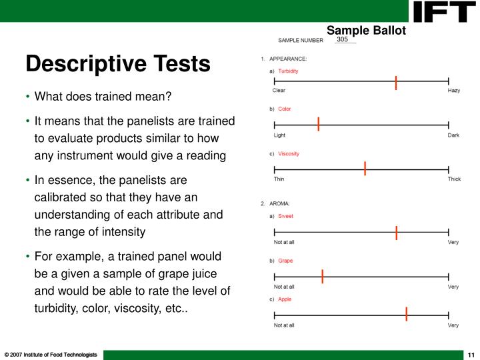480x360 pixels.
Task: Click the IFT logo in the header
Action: pyautogui.click(x=443, y=11)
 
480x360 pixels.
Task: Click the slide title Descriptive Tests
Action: pyautogui.click(x=118, y=64)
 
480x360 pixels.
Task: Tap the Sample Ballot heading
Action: pyautogui.click(x=366, y=30)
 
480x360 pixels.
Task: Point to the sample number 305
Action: pyautogui.click(x=343, y=40)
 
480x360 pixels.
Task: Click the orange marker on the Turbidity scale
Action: pyautogui.click(x=396, y=83)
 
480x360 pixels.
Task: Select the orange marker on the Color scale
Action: pyautogui.click(x=319, y=124)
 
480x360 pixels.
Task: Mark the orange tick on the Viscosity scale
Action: pyautogui.click(x=365, y=168)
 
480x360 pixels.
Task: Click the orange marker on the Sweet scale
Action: pyautogui.click(x=397, y=233)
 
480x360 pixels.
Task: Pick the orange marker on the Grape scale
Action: pyautogui.click(x=323, y=276)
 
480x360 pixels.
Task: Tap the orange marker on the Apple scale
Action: pyautogui.click(x=407, y=315)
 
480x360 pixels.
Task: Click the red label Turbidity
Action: pyautogui.click(x=288, y=71)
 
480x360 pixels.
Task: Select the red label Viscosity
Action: pyautogui.click(x=289, y=154)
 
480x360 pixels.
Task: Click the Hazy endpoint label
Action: pyautogui.click(x=453, y=91)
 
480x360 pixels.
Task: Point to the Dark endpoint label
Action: pyautogui.click(x=453, y=135)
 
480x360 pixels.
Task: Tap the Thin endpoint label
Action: pyautogui.click(x=279, y=179)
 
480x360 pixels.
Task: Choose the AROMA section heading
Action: pyautogui.click(x=279, y=203)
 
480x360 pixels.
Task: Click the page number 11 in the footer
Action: pyautogui.click(x=470, y=354)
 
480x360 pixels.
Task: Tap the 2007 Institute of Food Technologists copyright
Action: pyautogui.click(x=51, y=354)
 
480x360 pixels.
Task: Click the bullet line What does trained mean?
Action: pyautogui.click(x=103, y=97)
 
